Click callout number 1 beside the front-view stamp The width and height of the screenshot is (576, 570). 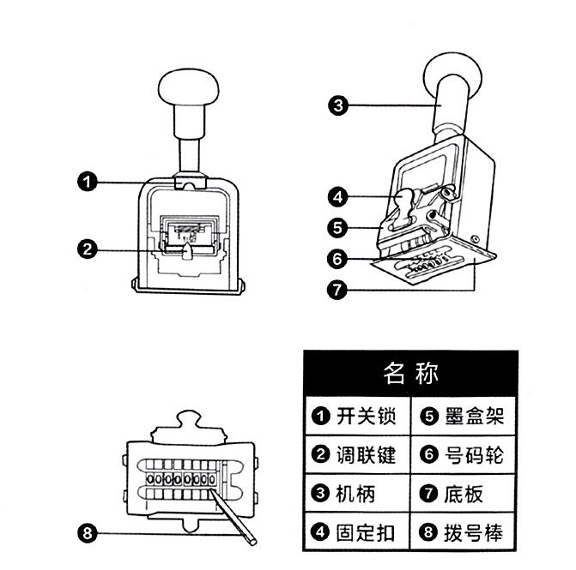(86, 182)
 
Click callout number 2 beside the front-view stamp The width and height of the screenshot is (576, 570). (86, 250)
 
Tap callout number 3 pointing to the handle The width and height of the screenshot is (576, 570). (338, 105)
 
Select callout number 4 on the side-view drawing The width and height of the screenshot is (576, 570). (338, 196)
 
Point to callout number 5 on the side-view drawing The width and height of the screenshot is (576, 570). (338, 227)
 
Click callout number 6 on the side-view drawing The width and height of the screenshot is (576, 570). (338, 257)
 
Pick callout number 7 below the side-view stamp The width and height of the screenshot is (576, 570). (338, 289)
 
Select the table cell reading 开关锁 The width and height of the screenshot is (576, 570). (355, 417)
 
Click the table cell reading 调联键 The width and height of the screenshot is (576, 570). (355, 455)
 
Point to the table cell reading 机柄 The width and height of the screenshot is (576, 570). (345, 494)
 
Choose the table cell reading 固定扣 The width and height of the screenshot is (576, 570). (355, 532)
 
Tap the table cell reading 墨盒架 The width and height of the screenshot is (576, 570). (464, 417)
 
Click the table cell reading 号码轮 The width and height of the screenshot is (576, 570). (464, 455)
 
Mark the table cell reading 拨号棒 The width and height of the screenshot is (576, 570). (464, 532)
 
